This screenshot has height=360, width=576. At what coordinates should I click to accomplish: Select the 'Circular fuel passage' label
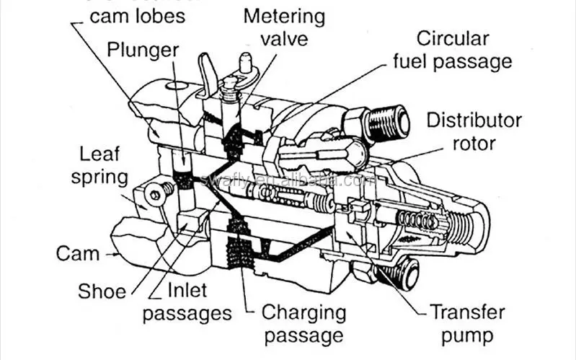[452, 49]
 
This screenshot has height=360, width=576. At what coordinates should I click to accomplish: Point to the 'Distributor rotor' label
[473, 130]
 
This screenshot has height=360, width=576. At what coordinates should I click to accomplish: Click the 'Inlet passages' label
[187, 302]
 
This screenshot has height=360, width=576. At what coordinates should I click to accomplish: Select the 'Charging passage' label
[303, 323]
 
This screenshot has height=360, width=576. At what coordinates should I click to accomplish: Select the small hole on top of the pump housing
[174, 87]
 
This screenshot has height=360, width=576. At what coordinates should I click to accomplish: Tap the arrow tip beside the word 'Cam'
[115, 254]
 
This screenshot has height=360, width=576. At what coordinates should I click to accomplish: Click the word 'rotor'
[474, 142]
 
